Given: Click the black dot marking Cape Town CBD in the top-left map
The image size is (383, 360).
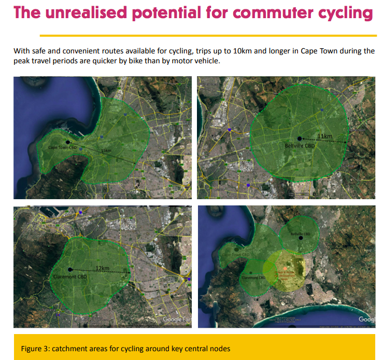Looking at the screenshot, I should [67, 142].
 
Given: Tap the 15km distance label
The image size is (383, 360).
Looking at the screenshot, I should [106, 150].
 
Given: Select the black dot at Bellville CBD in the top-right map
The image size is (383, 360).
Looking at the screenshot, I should [300, 138].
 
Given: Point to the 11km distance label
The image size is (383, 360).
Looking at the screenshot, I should [324, 136].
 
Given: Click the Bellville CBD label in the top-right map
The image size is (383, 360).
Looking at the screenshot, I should [300, 146].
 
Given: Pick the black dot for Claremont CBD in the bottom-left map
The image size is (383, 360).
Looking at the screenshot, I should [70, 270].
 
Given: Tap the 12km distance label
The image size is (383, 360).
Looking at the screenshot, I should [101, 268].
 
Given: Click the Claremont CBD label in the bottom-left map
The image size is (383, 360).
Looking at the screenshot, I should [70, 278].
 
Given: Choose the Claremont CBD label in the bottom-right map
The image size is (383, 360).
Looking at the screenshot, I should [253, 278].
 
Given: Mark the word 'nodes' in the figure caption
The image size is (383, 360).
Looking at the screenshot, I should [220, 348].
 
